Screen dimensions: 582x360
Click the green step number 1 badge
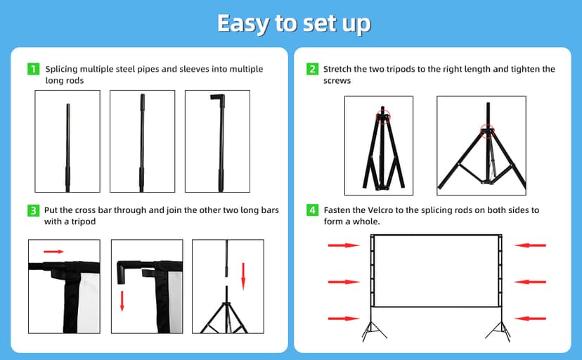coord(34,69)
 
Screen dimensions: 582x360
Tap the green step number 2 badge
coord(312,69)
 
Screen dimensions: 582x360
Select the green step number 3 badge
coord(34,210)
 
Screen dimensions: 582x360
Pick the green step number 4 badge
coord(312,210)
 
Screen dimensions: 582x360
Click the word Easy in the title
coord(242,24)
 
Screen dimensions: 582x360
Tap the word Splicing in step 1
coord(62,70)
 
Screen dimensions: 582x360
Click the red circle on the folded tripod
coord(383,117)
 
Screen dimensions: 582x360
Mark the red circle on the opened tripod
coord(487,131)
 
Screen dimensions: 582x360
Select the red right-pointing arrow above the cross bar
coord(53,252)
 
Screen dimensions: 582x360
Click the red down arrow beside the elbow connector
coord(122,301)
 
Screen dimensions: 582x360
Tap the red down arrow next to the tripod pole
coord(243,276)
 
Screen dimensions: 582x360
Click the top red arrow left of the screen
coord(344,245)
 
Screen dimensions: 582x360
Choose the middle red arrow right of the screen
coord(530,282)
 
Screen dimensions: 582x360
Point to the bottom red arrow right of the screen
coord(530,318)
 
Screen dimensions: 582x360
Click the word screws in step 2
coord(337,81)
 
